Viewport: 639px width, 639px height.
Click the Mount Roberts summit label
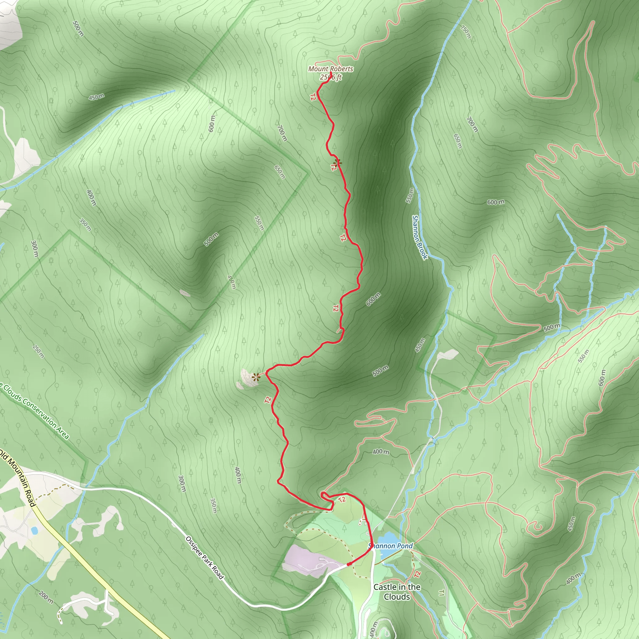(x=330, y=69)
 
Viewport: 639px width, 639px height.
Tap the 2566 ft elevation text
(x=330, y=77)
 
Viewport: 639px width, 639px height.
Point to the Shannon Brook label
(x=419, y=237)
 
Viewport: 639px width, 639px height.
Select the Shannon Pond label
(x=391, y=546)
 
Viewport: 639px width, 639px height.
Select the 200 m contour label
(x=46, y=597)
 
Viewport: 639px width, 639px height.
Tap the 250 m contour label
(x=39, y=351)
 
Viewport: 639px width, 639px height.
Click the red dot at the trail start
(x=349, y=564)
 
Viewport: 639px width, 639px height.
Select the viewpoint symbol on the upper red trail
(x=337, y=162)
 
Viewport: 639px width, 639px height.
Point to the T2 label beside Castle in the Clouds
(x=417, y=574)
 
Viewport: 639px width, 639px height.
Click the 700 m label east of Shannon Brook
(x=472, y=124)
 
